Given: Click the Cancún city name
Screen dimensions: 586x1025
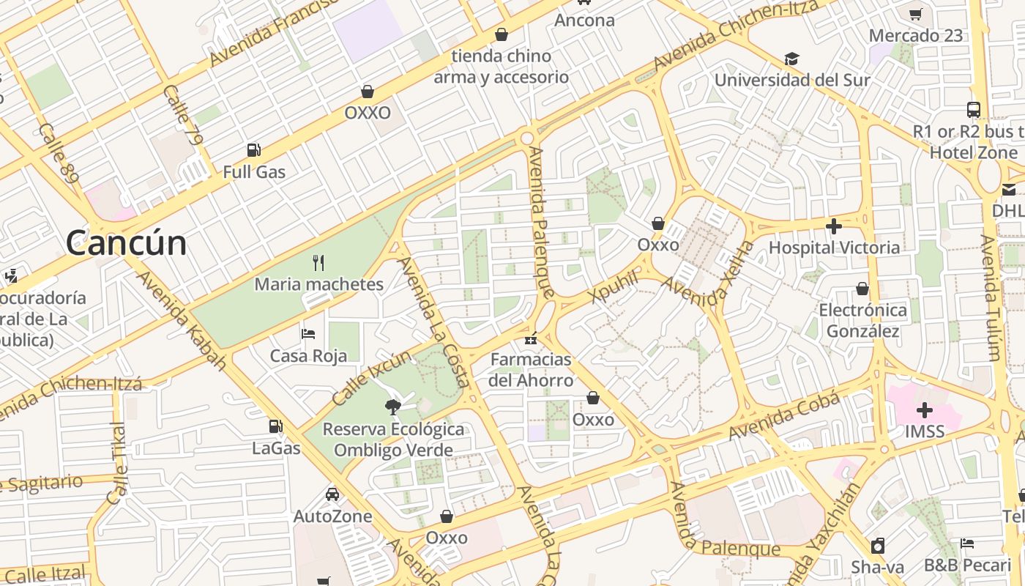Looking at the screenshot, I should [x=126, y=243].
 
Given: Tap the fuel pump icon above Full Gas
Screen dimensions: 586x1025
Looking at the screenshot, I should [x=254, y=150].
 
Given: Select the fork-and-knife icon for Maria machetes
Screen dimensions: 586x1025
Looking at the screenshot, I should [x=318, y=262].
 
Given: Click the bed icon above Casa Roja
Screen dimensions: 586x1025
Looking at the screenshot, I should [x=308, y=334].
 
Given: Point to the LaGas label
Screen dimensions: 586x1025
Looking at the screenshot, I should [x=276, y=448].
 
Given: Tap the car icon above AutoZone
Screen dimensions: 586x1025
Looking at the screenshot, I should [x=332, y=494].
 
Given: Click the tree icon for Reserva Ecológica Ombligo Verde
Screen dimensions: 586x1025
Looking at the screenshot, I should [x=393, y=407].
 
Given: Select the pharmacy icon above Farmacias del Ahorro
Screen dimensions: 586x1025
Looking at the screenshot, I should [x=531, y=338].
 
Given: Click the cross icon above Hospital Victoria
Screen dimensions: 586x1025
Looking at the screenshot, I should [x=833, y=226].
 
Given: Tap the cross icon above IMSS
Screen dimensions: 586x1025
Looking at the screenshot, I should [x=925, y=409].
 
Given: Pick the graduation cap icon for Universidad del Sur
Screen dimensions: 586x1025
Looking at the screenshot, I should [x=791, y=59].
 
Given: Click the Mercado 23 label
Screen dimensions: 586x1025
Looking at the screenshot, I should [x=915, y=35].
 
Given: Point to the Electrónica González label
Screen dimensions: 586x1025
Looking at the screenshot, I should [x=862, y=321].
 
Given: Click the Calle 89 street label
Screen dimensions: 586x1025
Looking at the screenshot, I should [x=59, y=152].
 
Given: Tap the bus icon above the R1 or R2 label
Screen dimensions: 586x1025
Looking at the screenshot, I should [x=973, y=110].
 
